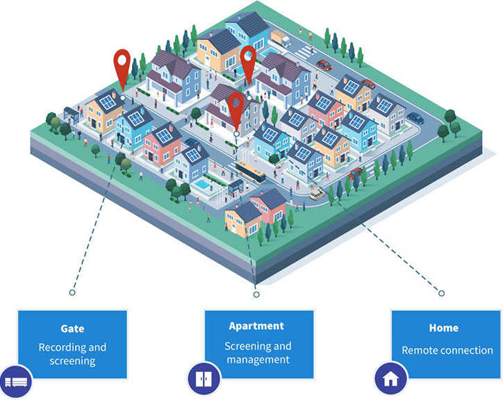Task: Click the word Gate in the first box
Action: [72, 328]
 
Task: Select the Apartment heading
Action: [256, 325]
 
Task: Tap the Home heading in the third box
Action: [443, 328]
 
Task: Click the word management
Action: [256, 360]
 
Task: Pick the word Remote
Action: [420, 351]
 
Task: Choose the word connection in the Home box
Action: [465, 351]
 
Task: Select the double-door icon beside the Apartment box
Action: [204, 380]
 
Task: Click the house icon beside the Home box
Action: [391, 380]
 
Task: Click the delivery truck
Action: [281, 38]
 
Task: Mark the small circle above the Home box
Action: [441, 294]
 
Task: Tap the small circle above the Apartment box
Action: [256, 295]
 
